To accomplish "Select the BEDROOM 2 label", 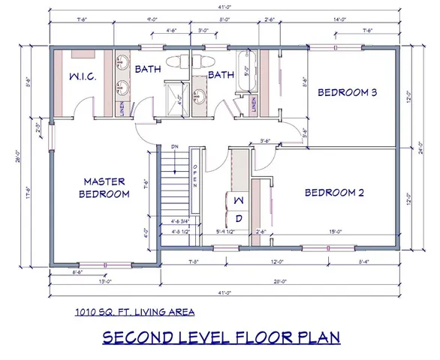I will point(334,193).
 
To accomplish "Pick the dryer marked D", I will point(238,218).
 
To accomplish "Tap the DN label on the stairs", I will point(174,147).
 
